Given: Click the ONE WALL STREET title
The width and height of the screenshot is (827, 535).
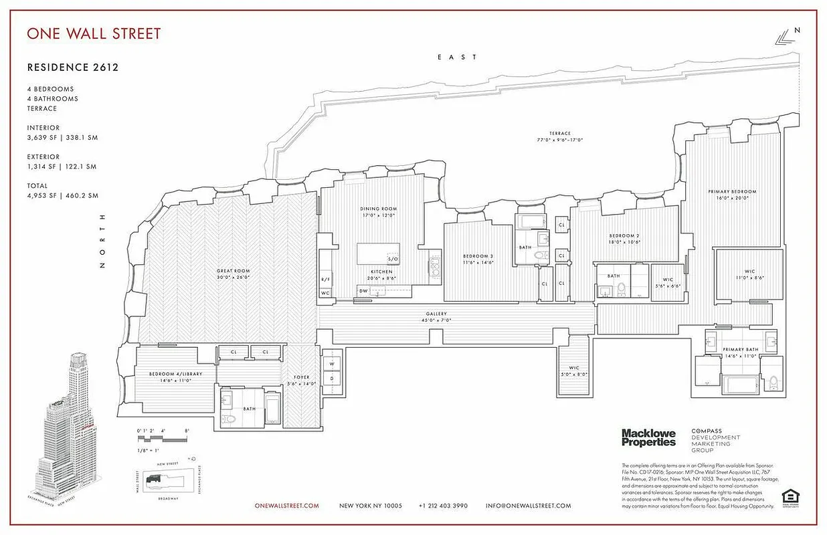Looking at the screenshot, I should [x=94, y=33].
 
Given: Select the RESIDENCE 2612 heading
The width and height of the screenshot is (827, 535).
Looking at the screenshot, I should [x=73, y=67].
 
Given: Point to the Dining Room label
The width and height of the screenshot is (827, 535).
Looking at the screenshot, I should [x=379, y=209].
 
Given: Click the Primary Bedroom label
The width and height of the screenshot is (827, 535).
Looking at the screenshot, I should [x=732, y=192].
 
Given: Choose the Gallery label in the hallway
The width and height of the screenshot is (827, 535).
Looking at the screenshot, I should [x=436, y=314].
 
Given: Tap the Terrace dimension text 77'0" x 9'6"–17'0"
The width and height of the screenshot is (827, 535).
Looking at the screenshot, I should [x=560, y=140].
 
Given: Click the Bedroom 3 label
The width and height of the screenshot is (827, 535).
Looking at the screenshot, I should [x=478, y=257].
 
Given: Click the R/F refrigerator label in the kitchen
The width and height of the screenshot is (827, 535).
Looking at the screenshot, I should [x=325, y=279].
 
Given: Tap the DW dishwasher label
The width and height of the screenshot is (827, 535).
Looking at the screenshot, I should [x=363, y=291].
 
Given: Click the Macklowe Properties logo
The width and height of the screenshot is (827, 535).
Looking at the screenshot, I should [x=648, y=437].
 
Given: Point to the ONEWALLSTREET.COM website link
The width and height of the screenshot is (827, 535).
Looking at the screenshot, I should [x=287, y=506].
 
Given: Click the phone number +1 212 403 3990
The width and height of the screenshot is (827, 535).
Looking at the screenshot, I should [x=443, y=506].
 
